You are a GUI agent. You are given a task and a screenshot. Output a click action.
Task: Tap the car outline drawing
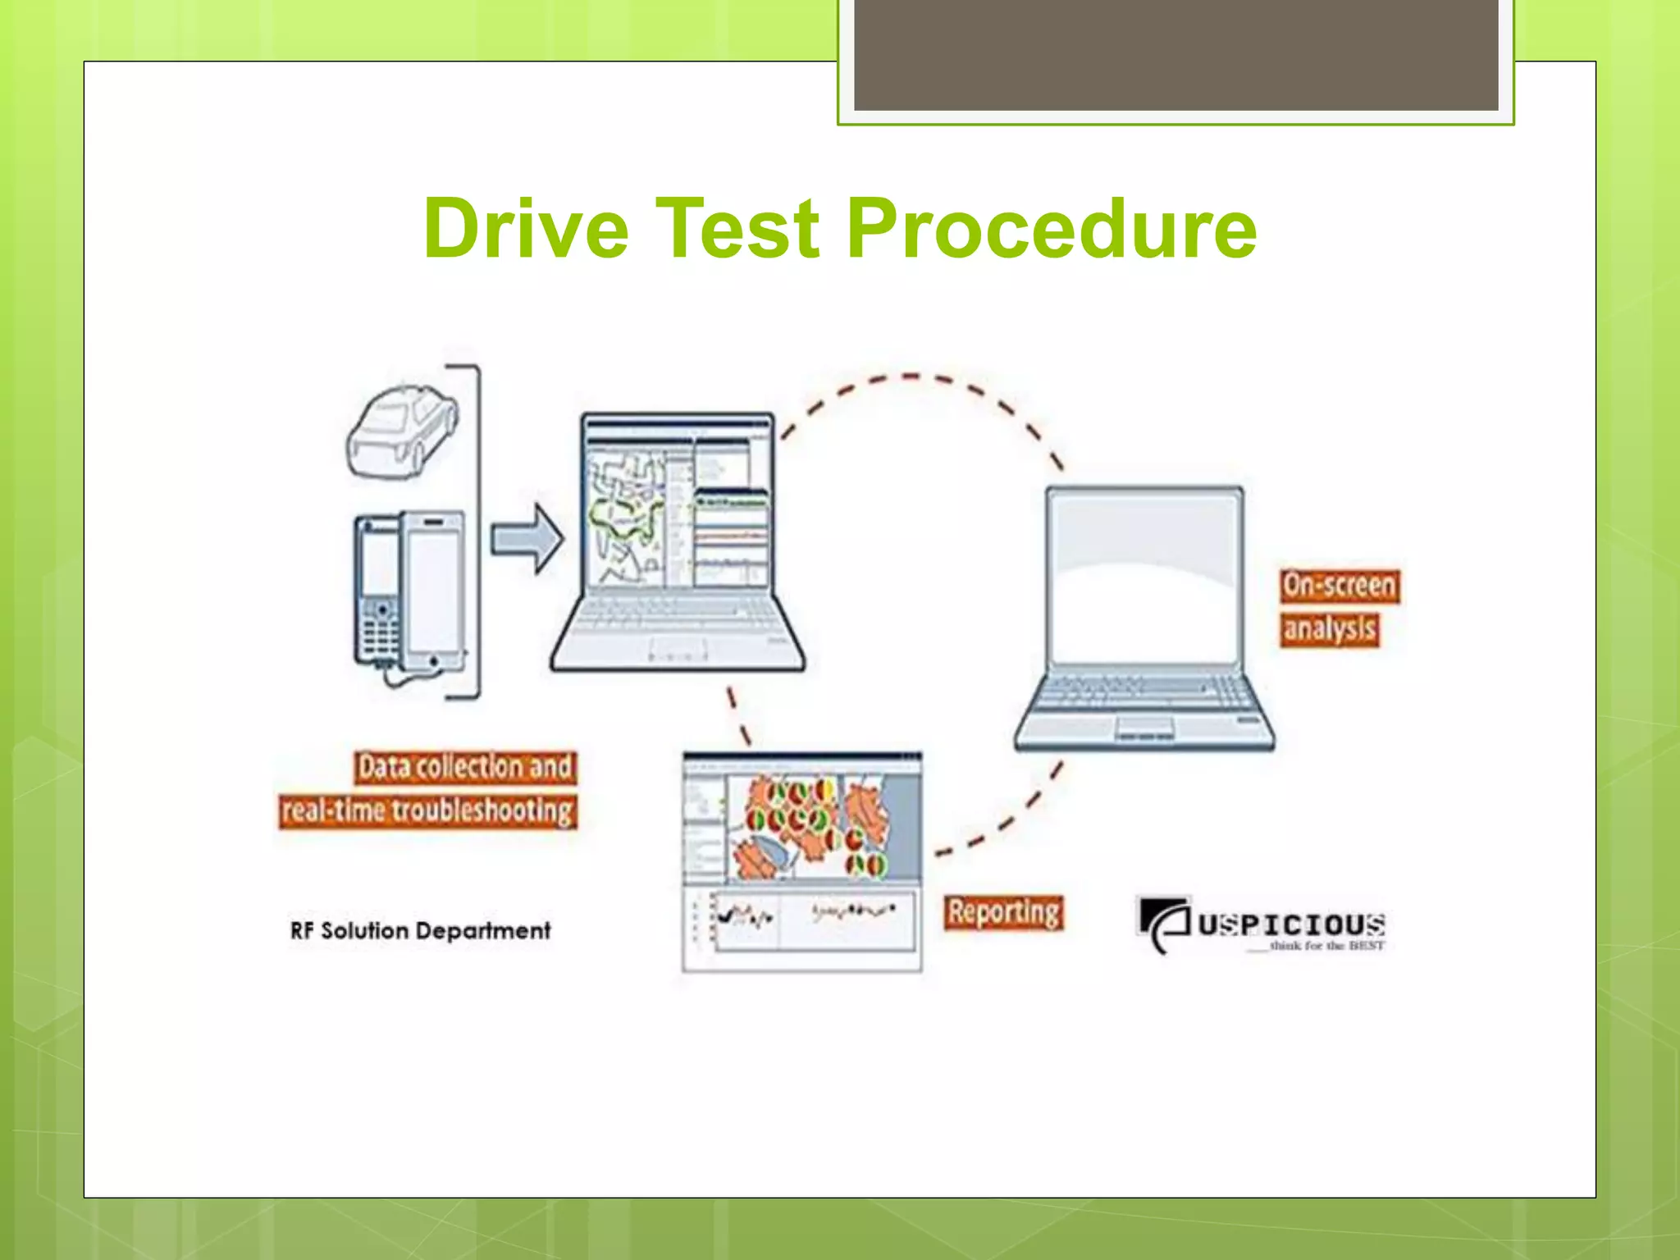click(402, 431)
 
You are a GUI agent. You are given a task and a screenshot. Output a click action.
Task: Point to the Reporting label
click(1003, 912)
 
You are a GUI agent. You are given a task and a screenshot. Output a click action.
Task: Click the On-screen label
click(1339, 586)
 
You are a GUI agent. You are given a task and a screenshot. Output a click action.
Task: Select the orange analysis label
click(1329, 629)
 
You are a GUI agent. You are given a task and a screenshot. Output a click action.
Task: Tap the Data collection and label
click(465, 767)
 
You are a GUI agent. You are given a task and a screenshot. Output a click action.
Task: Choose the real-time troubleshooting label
click(427, 811)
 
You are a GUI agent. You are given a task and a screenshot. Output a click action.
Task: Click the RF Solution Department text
click(420, 931)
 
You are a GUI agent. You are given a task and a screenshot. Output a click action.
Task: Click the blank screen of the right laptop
click(1144, 574)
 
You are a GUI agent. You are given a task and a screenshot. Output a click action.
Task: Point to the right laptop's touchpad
click(1144, 726)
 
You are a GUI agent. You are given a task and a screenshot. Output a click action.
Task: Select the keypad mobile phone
click(378, 591)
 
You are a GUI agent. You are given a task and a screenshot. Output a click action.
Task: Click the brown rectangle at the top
click(1176, 54)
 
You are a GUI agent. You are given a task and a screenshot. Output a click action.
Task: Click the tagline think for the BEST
click(1325, 946)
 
